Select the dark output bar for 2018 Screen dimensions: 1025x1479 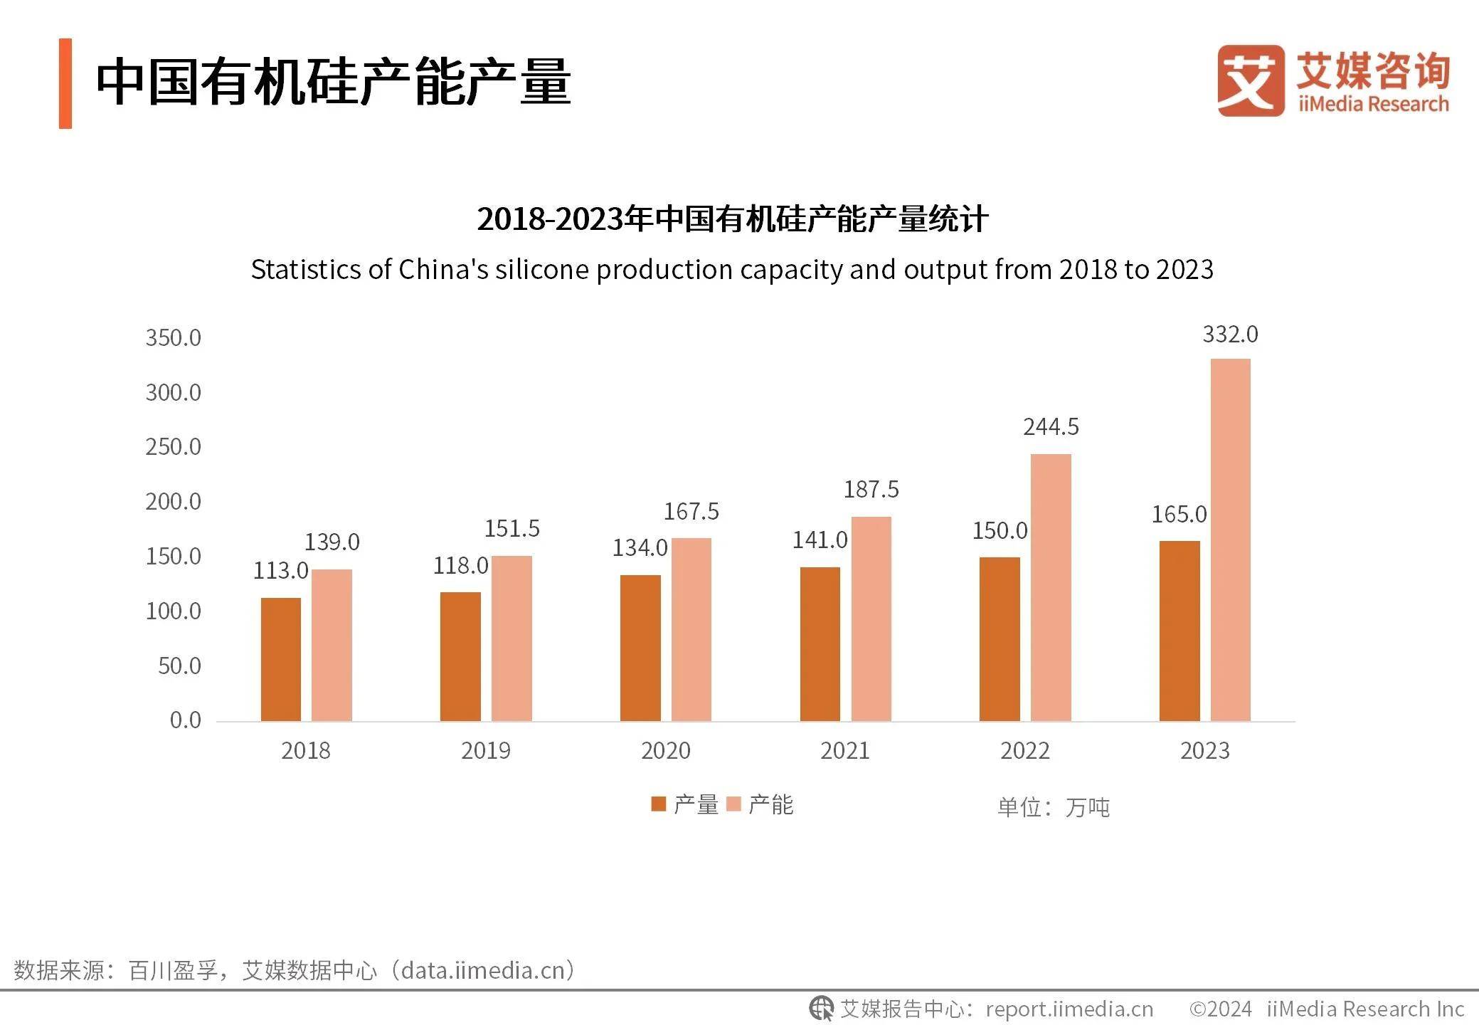pyautogui.click(x=280, y=659)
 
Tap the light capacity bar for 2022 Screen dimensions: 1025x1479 pyautogui.click(x=1050, y=587)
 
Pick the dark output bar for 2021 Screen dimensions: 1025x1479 pyautogui.click(x=820, y=643)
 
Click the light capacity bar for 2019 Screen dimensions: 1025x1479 pyautogui.click(x=511, y=638)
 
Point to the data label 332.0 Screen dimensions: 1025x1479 pyautogui.click(x=1230, y=334)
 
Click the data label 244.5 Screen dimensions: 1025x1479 pyautogui.click(x=1051, y=426)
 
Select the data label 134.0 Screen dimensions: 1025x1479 pyautogui.click(x=640, y=547)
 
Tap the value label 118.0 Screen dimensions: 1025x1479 pyautogui.click(x=460, y=565)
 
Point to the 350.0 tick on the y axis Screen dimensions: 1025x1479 pyautogui.click(x=173, y=337)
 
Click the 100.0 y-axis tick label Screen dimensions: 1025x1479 pyautogui.click(x=173, y=611)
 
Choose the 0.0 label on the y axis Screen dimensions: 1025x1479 pyautogui.click(x=185, y=720)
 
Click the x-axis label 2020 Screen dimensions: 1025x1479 pyautogui.click(x=665, y=750)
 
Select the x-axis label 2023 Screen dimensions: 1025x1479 pyautogui.click(x=1204, y=750)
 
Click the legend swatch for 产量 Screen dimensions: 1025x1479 pyautogui.click(x=658, y=804)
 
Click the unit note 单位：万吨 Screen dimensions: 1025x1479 pyautogui.click(x=1053, y=807)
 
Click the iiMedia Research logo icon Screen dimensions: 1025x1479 pyautogui.click(x=1251, y=80)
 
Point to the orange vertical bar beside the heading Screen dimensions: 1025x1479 pyautogui.click(x=65, y=83)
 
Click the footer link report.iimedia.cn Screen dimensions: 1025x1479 pyautogui.click(x=1069, y=1009)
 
